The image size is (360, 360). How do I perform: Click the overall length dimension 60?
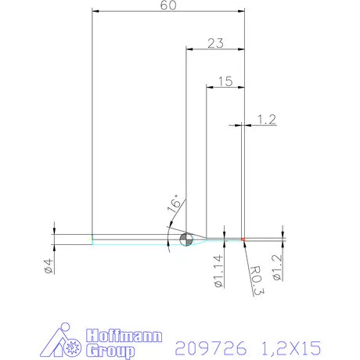click(167, 5)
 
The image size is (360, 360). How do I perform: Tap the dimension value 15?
click(225, 81)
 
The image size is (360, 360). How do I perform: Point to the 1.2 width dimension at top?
click(267, 119)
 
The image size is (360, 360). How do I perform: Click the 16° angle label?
click(173, 205)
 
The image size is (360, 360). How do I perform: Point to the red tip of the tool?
click(243, 239)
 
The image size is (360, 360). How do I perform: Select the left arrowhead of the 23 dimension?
click(188, 49)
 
